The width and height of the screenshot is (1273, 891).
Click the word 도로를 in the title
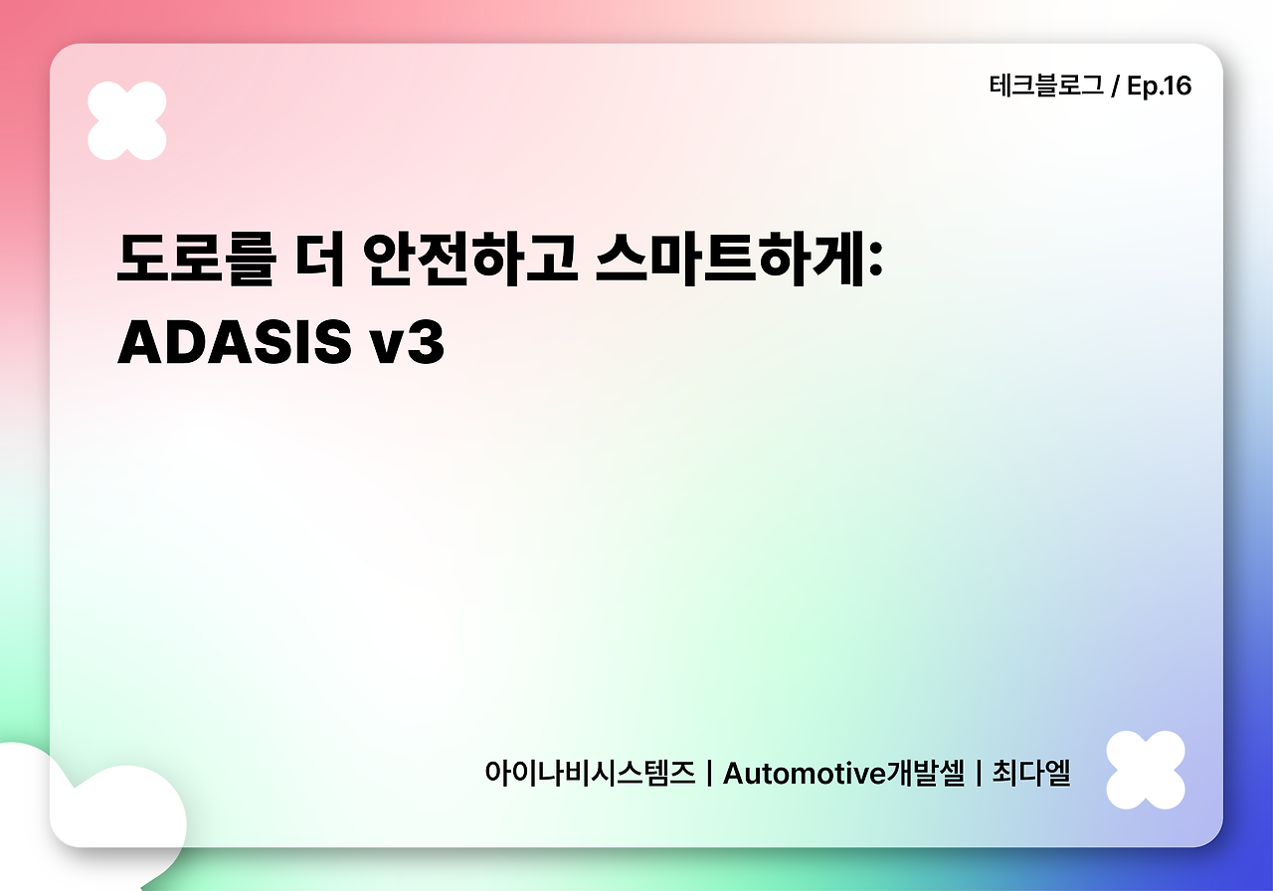(x=194, y=261)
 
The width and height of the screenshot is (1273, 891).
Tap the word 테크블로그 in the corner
(x=1046, y=87)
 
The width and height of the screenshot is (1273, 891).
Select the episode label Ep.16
(x=1159, y=87)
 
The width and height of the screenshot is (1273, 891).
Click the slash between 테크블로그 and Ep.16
(x=1116, y=88)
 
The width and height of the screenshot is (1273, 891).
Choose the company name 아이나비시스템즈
(x=590, y=773)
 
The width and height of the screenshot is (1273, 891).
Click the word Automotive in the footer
(x=805, y=773)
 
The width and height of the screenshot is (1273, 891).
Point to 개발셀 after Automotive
(x=926, y=773)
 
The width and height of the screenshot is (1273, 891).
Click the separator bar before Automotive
(x=708, y=773)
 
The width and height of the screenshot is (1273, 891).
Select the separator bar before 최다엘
(x=979, y=773)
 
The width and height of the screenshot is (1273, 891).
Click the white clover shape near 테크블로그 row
(x=127, y=120)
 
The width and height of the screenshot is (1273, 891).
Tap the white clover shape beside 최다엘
(x=1146, y=770)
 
